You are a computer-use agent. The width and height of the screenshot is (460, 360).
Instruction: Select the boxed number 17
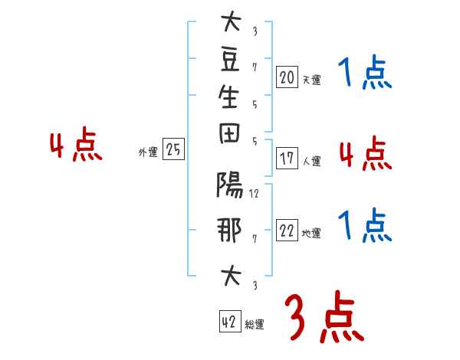click(x=287, y=159)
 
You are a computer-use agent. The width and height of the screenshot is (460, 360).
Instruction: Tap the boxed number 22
click(x=287, y=230)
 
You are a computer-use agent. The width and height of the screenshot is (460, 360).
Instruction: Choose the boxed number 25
click(x=173, y=150)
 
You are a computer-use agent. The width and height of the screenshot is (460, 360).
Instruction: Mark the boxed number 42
click(x=229, y=322)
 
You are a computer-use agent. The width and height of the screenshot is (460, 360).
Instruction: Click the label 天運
click(x=311, y=79)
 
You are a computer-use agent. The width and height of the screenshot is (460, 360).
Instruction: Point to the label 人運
click(x=311, y=162)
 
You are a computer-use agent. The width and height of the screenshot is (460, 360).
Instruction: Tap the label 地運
click(x=311, y=233)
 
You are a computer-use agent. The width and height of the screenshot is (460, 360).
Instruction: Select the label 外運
click(x=148, y=152)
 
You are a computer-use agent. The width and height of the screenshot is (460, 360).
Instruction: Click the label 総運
click(x=255, y=325)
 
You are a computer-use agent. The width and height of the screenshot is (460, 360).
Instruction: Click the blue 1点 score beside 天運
click(x=365, y=74)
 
